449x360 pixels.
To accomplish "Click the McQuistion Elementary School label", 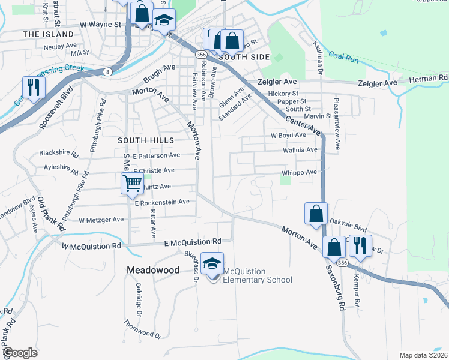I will click(258, 275).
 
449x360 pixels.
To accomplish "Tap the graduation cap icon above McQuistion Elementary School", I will click(212, 264).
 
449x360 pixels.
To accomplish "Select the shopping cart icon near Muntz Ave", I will click(132, 183).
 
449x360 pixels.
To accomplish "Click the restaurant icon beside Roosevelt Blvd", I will click(33, 88).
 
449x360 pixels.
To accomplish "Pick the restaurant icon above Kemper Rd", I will click(360, 246).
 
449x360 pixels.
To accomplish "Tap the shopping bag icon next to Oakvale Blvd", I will click(316, 214).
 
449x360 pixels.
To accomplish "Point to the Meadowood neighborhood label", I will click(153, 271).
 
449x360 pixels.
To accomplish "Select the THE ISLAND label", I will click(47, 35).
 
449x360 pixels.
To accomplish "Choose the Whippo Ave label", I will click(299, 173).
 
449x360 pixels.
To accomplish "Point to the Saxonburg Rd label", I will click(336, 288).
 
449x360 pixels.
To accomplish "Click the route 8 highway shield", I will click(107, 71).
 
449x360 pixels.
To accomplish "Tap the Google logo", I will click(20, 353).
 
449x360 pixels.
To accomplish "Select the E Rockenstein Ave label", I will click(162, 203).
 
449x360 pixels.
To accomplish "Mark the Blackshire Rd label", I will click(59, 154).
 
